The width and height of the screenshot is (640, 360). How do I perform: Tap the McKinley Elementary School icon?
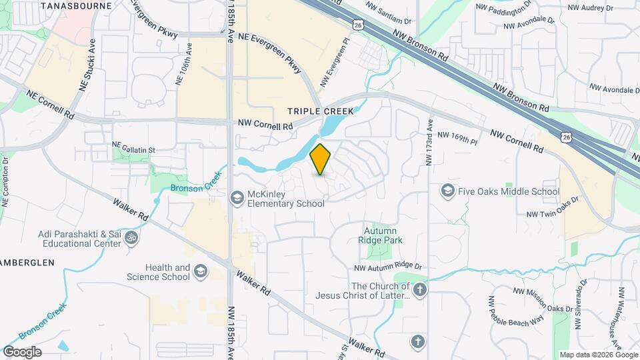[x=236, y=197]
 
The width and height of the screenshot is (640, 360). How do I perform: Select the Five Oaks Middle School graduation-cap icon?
[x=447, y=191]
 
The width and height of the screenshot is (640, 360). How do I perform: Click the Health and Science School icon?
[x=201, y=271]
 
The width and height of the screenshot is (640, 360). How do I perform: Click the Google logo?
[x=22, y=352]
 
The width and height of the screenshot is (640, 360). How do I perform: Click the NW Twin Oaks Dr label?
[x=551, y=213]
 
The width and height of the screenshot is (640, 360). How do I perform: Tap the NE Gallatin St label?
[x=133, y=151]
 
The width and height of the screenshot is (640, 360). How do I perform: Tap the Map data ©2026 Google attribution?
[x=598, y=355]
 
